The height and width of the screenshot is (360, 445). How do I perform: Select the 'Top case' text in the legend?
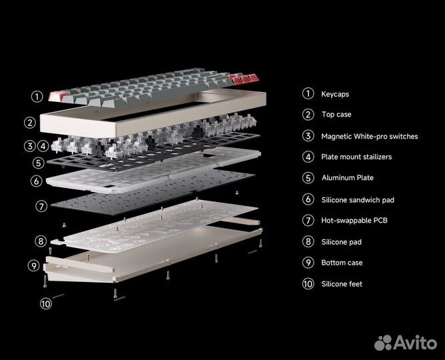click(x=336, y=115)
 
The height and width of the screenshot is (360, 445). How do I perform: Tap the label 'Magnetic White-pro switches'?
click(x=369, y=136)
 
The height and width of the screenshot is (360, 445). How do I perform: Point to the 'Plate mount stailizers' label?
click(x=356, y=157)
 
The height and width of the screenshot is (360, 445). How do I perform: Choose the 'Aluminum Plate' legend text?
click(x=347, y=178)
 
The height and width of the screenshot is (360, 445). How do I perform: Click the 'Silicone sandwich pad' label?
click(x=362, y=199)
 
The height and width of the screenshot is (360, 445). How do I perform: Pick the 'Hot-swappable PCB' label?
click(x=355, y=220)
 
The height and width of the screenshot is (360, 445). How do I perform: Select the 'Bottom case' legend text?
click(x=342, y=263)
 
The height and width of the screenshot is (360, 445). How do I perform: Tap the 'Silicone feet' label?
click(x=342, y=284)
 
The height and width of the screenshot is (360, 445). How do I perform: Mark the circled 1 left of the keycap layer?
click(x=37, y=96)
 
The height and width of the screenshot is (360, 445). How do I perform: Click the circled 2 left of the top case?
click(x=29, y=122)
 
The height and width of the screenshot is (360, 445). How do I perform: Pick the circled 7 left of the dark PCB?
click(x=41, y=206)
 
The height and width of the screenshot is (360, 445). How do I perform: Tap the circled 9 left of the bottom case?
click(x=34, y=265)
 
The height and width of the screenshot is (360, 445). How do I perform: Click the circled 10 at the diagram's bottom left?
click(x=45, y=303)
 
